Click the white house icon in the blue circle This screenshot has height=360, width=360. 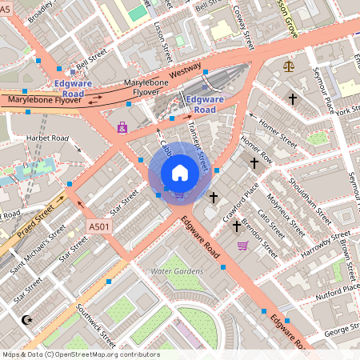180,172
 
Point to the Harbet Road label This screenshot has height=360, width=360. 47,138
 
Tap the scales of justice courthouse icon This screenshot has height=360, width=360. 289,65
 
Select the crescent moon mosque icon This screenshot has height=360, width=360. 29,320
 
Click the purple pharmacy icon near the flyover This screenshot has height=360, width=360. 122,126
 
